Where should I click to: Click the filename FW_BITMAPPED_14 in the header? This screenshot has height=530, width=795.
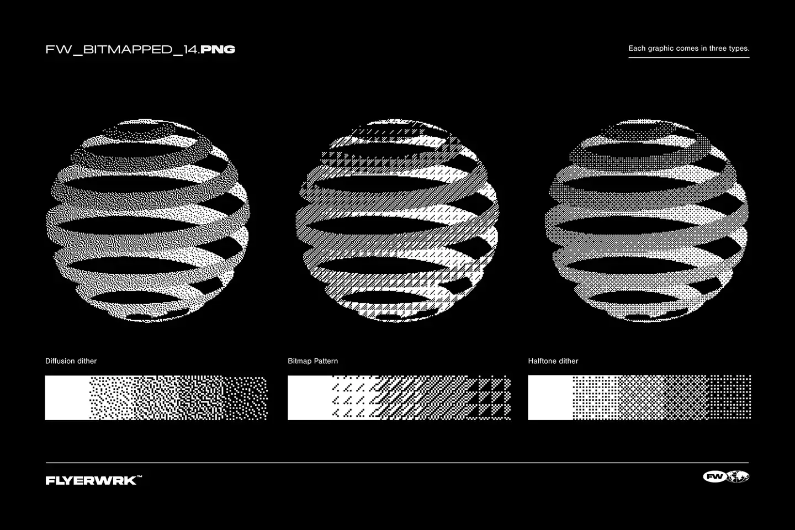click(x=122, y=50)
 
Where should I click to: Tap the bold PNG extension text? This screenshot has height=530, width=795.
click(x=218, y=50)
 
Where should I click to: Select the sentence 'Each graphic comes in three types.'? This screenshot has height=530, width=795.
click(x=688, y=49)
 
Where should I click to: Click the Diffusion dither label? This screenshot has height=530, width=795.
click(x=71, y=361)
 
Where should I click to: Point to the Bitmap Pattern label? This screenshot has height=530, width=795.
click(x=312, y=361)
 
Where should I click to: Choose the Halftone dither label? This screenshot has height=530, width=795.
click(x=553, y=361)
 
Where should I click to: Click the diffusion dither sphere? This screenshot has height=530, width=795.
click(x=147, y=221)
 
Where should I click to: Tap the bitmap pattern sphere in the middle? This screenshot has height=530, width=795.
click(x=397, y=221)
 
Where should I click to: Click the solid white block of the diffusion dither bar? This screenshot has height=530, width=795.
click(x=67, y=397)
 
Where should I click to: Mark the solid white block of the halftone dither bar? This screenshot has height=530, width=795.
click(x=550, y=397)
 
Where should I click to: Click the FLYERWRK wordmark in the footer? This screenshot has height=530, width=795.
click(x=91, y=480)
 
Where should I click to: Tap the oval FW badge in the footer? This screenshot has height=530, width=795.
click(x=714, y=477)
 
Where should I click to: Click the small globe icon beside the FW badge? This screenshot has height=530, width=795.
click(x=738, y=477)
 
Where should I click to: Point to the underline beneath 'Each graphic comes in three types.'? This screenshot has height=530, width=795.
click(x=688, y=57)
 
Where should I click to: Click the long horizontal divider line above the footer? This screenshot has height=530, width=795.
click(x=397, y=463)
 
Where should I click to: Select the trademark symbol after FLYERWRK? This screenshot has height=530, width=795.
click(x=139, y=477)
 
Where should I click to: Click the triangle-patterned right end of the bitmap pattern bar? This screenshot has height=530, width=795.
click(x=491, y=397)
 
